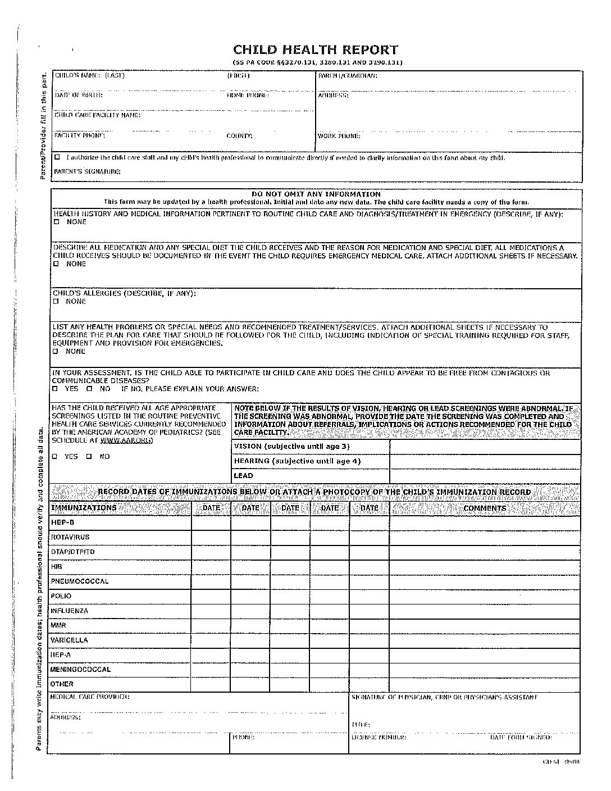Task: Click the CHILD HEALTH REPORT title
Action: [315, 50]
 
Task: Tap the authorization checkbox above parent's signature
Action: [57, 157]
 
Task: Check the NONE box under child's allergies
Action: [56, 302]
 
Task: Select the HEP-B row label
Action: [62, 522]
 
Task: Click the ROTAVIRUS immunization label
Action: [70, 537]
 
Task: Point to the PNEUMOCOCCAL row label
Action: [80, 581]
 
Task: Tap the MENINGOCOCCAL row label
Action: [81, 670]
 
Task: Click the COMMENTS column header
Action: [485, 508]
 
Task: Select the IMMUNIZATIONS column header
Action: [84, 508]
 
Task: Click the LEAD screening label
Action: [244, 476]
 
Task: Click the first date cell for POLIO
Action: [211, 596]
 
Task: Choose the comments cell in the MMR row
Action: [485, 625]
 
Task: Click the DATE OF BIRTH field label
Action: [79, 95]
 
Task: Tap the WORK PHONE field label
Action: [339, 136]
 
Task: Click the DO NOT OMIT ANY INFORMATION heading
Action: [316, 194]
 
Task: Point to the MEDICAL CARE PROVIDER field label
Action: [90, 697]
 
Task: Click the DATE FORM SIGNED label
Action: [521, 737]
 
